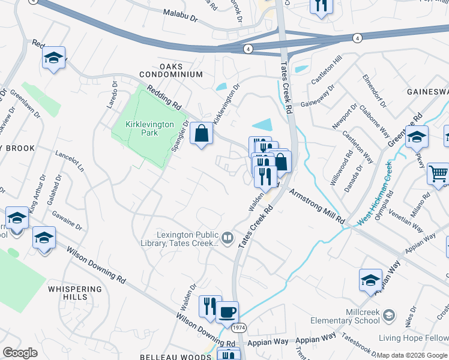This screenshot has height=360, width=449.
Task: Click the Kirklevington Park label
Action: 149,128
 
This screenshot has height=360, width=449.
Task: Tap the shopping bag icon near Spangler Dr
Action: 202,133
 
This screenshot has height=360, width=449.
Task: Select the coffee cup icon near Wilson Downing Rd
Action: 227,312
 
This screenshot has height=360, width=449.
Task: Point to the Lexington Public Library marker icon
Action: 228,239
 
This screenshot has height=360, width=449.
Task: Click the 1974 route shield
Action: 239,328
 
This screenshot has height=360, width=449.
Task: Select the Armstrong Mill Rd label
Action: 318,207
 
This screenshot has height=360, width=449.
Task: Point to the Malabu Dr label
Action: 180,16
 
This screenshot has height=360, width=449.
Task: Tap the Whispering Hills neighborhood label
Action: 76,293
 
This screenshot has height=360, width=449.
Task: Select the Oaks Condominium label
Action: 171,70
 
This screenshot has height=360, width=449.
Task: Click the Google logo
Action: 20,353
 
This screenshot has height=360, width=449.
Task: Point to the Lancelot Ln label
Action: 69,160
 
